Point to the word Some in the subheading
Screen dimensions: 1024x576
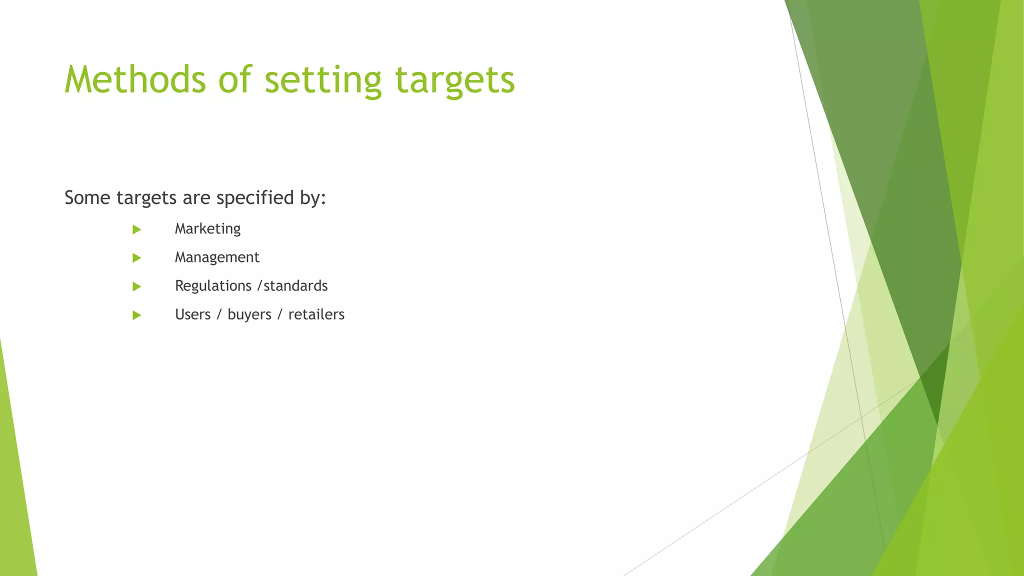pyautogui.click(x=87, y=198)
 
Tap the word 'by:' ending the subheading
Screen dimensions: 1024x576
pyautogui.click(x=313, y=198)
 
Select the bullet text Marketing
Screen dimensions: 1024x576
pyautogui.click(x=207, y=229)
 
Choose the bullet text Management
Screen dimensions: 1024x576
pyautogui.click(x=217, y=257)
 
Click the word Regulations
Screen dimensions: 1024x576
pyautogui.click(x=213, y=286)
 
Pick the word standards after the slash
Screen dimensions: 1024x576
pyautogui.click(x=295, y=286)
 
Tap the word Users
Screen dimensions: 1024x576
pyautogui.click(x=192, y=314)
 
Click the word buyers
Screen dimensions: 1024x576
pyautogui.click(x=249, y=314)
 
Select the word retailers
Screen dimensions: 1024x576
pyautogui.click(x=316, y=314)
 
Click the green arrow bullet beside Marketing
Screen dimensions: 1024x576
pyautogui.click(x=136, y=229)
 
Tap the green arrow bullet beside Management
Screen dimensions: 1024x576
pyautogui.click(x=136, y=258)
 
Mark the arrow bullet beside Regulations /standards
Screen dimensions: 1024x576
pyautogui.click(x=136, y=286)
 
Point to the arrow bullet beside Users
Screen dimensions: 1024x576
pyautogui.click(x=136, y=315)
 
